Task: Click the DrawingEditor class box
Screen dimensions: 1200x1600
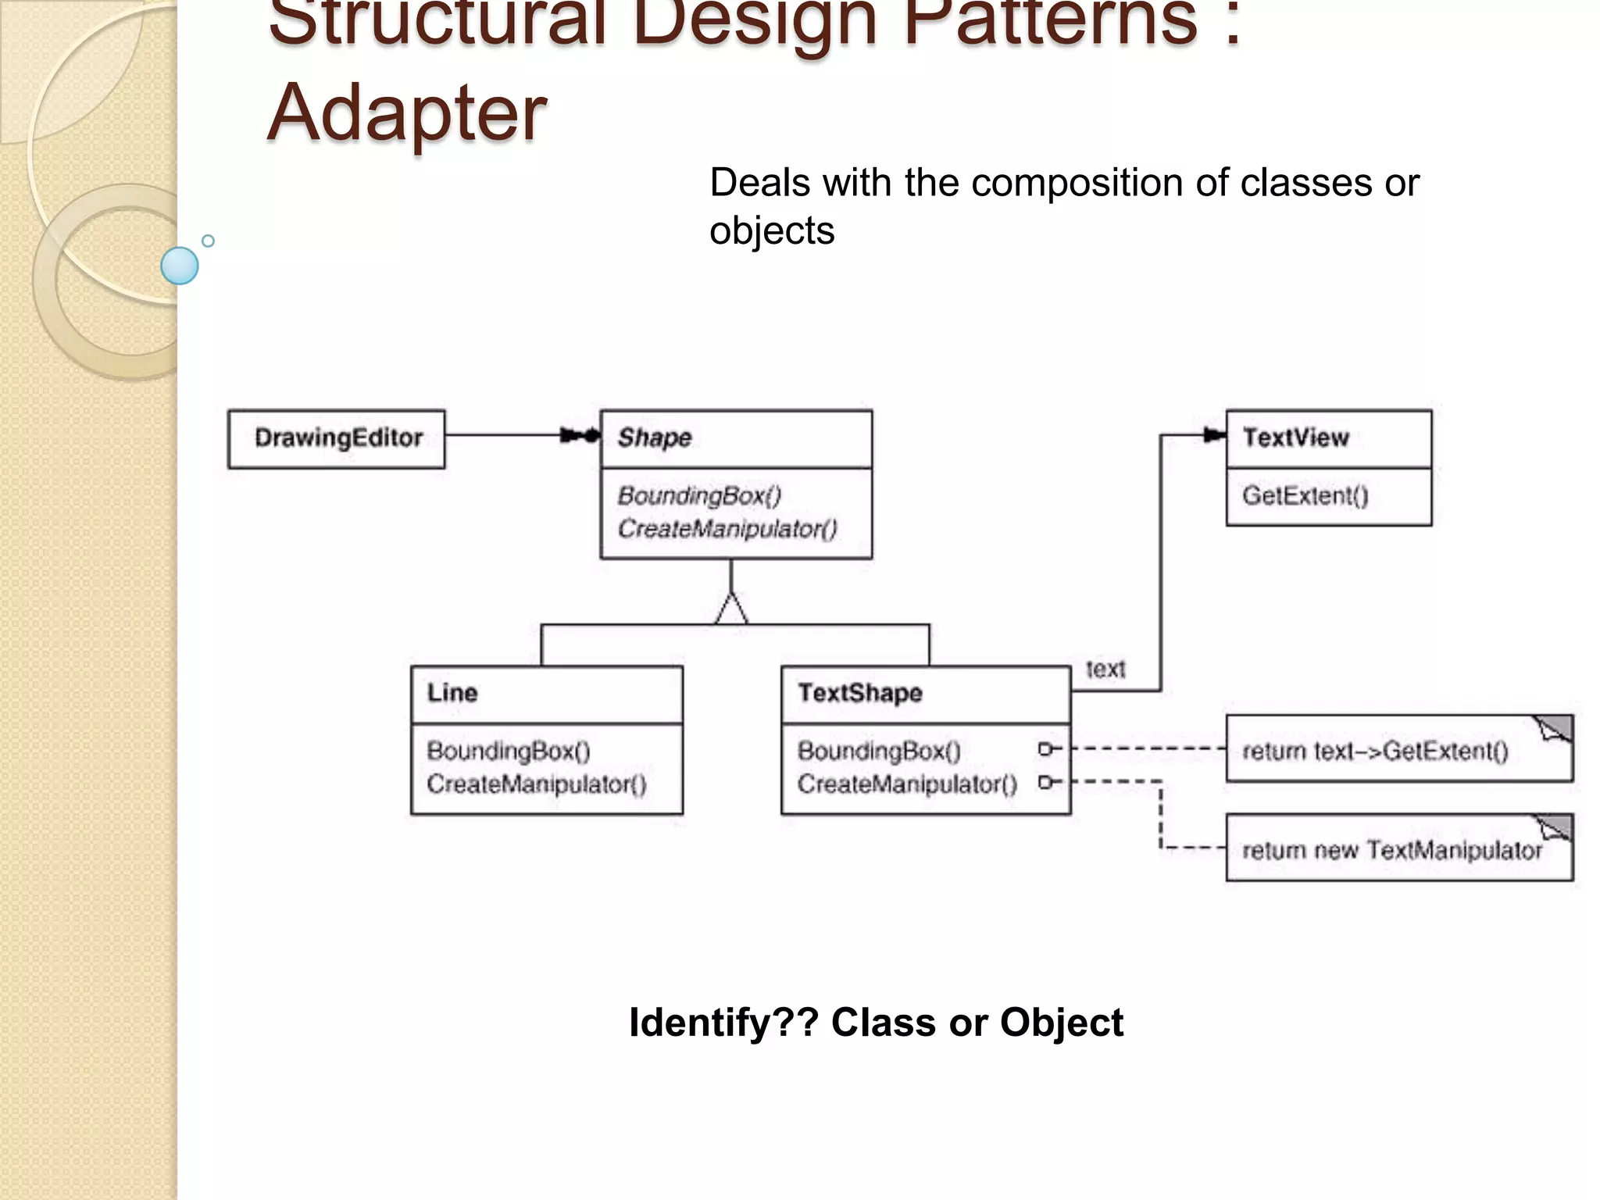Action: [x=337, y=438]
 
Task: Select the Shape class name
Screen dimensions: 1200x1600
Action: [x=655, y=437]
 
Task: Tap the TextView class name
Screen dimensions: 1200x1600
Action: [x=1295, y=437]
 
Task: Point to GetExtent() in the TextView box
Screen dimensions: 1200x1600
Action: [x=1305, y=495]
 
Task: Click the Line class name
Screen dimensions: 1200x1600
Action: [x=452, y=693]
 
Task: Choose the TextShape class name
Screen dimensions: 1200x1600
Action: [x=859, y=693]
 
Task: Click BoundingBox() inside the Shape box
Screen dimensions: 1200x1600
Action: [x=699, y=495]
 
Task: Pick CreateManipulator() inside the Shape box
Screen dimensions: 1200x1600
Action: [x=727, y=529]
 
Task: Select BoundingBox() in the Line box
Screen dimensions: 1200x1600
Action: [x=509, y=751]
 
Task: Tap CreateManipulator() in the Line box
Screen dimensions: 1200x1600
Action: [x=537, y=784]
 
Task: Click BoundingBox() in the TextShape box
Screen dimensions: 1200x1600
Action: [x=879, y=751]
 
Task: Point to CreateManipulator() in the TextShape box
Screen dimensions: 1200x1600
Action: [x=907, y=784]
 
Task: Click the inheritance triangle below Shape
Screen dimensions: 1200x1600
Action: [x=731, y=609]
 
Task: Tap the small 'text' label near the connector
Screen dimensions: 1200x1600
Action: [x=1105, y=670]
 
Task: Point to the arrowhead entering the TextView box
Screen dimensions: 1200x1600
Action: [x=1214, y=435]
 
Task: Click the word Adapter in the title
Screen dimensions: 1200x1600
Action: [x=406, y=113]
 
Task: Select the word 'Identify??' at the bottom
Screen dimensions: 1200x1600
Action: [x=723, y=1023]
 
